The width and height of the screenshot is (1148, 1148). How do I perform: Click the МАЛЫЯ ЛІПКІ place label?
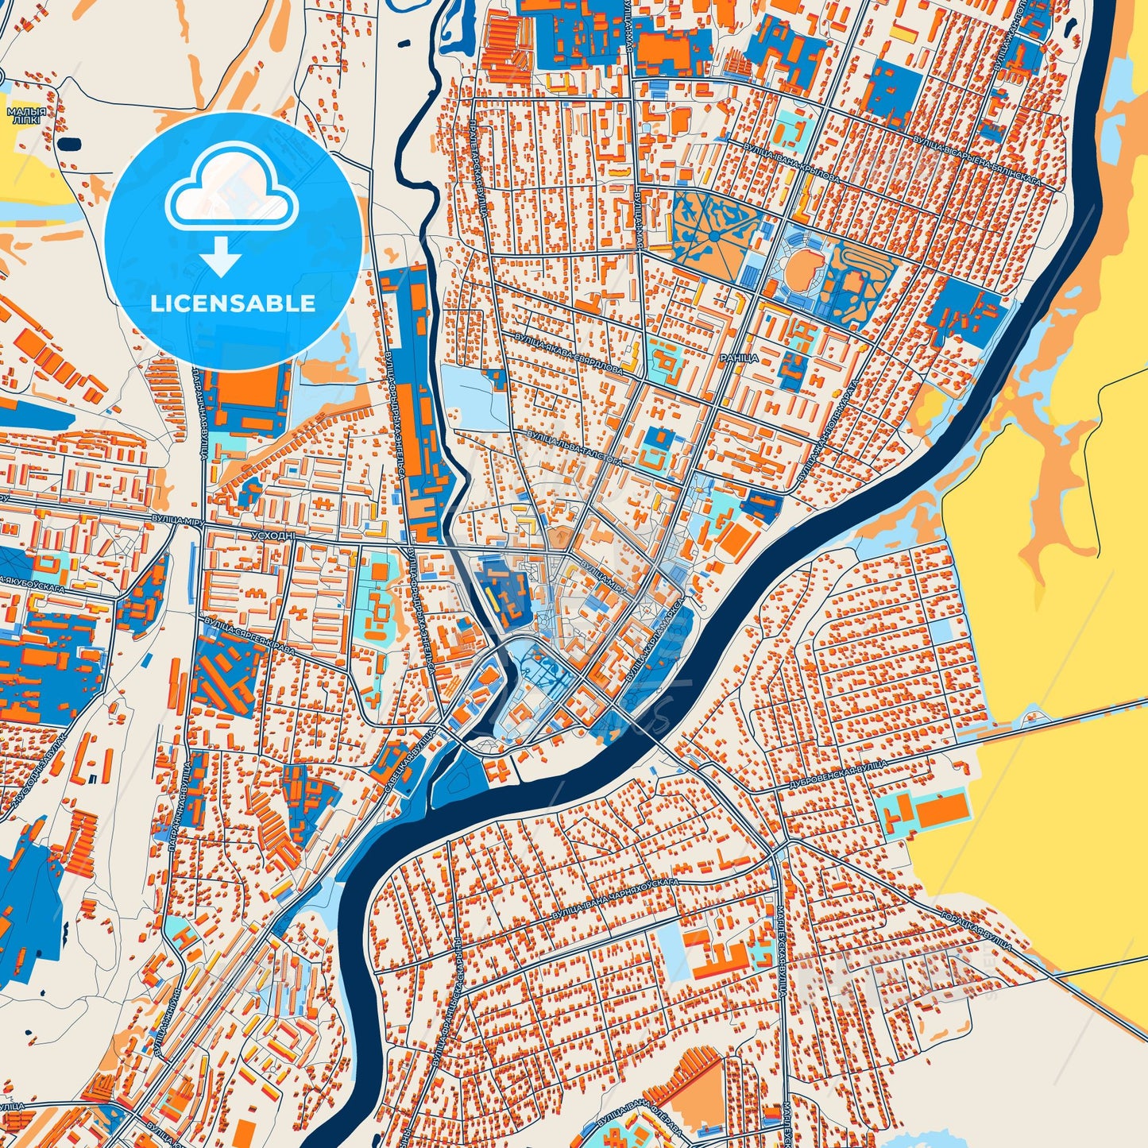click(x=26, y=116)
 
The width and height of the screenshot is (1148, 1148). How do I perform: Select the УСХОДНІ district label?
click(x=273, y=536)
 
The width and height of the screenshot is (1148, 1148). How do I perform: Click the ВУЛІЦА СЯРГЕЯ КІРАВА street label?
click(x=249, y=636)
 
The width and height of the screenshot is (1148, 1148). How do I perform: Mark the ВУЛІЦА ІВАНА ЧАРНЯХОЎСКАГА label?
click(x=616, y=903)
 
